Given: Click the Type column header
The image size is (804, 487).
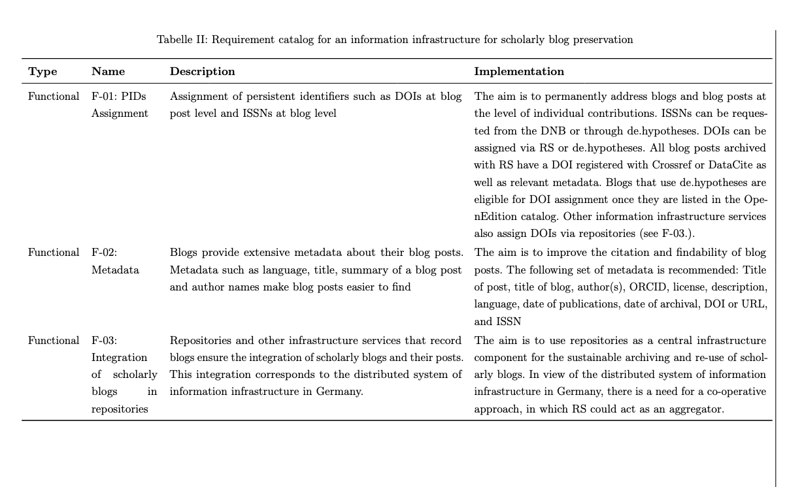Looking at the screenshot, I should tap(42, 72).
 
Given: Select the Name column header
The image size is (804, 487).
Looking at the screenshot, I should tap(108, 72).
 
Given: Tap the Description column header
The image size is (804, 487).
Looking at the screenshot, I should tap(202, 72).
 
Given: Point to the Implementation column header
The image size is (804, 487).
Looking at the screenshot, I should tap(518, 72).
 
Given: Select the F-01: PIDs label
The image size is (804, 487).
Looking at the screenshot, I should tap(118, 97).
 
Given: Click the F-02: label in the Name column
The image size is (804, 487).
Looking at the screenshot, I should tap(105, 253).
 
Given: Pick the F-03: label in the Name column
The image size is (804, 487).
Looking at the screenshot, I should tap(105, 341).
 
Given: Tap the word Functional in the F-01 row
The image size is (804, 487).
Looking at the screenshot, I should tap(54, 97).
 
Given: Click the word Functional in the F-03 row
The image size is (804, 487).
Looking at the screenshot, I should tap(54, 341).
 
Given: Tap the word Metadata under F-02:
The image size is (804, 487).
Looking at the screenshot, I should tap(115, 270).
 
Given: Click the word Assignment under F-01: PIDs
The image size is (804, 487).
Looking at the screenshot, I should tap(120, 114).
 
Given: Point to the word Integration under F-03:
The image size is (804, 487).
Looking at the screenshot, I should tap(119, 358).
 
